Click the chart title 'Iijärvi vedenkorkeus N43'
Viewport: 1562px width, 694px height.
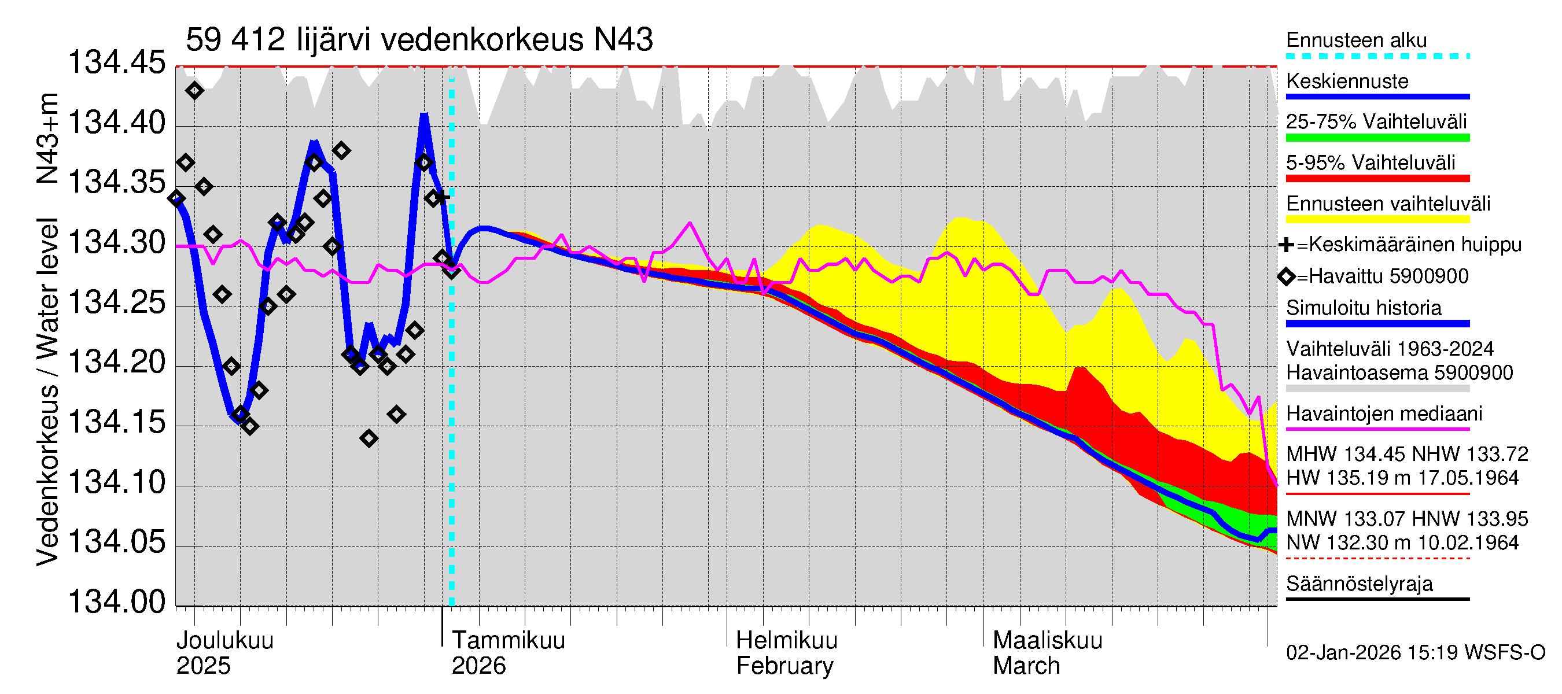pos(418,40)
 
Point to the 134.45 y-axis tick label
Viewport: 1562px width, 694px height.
pos(116,63)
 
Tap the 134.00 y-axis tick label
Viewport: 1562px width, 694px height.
pos(116,602)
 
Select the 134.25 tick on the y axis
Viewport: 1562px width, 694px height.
pos(116,302)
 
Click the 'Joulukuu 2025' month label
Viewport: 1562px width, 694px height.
pos(224,653)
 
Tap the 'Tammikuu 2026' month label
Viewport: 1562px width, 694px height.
pos(507,653)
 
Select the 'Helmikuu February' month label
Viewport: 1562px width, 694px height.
pos(786,653)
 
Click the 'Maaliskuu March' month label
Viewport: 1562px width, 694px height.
pos(1047,653)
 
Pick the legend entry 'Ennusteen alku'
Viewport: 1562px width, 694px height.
pos(1356,40)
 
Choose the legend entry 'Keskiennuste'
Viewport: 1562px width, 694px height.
pos(1347,81)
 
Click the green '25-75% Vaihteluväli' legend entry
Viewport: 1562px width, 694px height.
pos(1376,123)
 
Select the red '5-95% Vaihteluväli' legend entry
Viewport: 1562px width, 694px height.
pos(1370,163)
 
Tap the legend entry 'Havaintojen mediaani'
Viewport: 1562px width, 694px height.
pos(1384,414)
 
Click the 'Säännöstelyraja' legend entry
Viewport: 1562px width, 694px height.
pos(1359,584)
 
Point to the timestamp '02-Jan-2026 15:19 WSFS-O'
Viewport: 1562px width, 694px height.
pos(1415,653)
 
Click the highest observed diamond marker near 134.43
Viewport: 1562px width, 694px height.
pos(194,91)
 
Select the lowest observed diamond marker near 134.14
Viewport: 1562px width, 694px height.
pos(369,438)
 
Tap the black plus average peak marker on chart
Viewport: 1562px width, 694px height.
pos(443,197)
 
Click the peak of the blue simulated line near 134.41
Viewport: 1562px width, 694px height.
pos(424,115)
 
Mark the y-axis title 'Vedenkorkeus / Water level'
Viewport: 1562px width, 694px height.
pos(47,392)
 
